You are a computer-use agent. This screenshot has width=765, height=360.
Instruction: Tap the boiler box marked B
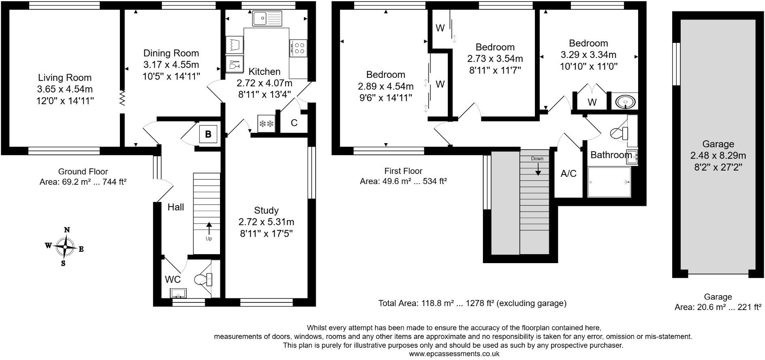click(208, 134)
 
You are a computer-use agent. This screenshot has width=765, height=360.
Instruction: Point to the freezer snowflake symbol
click(266, 124)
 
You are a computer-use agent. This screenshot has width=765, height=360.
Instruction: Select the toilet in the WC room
click(205, 279)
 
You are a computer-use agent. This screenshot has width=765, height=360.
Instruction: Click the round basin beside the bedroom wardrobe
click(624, 101)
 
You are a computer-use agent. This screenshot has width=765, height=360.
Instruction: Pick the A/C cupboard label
click(568, 174)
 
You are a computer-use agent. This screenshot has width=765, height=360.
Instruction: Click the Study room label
click(266, 210)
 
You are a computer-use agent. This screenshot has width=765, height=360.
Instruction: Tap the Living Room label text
click(65, 77)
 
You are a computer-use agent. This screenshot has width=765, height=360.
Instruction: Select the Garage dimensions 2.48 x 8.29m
click(718, 155)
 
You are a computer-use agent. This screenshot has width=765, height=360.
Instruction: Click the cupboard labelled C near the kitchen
click(294, 123)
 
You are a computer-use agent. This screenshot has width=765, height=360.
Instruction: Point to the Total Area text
click(472, 303)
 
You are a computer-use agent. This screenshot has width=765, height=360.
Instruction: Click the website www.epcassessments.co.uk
click(454, 354)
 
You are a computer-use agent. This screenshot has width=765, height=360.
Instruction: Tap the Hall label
click(176, 207)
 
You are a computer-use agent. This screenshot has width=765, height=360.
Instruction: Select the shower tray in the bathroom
click(609, 182)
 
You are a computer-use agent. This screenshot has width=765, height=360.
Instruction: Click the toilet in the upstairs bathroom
click(620, 133)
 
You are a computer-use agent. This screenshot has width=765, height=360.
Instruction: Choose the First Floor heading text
click(403, 171)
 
